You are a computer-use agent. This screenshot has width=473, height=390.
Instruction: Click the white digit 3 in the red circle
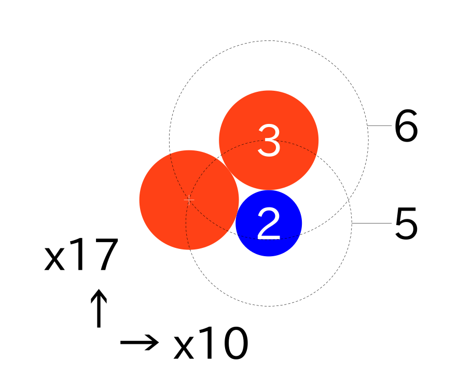269,141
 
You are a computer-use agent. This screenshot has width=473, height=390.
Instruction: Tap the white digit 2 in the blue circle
269,224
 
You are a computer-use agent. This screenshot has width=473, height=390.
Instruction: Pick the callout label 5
406,224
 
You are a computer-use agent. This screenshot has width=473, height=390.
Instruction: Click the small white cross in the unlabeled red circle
189,200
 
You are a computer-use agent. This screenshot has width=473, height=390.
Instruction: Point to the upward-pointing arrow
99,308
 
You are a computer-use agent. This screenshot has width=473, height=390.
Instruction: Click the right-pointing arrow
140,342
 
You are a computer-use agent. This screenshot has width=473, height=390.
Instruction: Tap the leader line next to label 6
380,126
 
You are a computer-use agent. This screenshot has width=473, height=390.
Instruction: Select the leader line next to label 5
372,224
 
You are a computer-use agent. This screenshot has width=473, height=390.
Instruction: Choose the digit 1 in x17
78,254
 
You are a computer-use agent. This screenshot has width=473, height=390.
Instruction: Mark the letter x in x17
54,258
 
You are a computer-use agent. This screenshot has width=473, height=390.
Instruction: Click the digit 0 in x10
236,343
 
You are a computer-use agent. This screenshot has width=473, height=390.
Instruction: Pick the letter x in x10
184,347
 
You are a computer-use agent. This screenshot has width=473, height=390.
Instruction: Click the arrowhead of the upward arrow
99,296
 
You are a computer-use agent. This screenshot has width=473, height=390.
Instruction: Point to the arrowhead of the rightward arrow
152,342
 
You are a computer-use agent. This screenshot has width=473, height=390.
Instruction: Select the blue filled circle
269,223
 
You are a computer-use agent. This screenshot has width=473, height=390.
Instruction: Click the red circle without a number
189,200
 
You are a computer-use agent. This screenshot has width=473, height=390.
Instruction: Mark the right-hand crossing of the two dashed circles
349,200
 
